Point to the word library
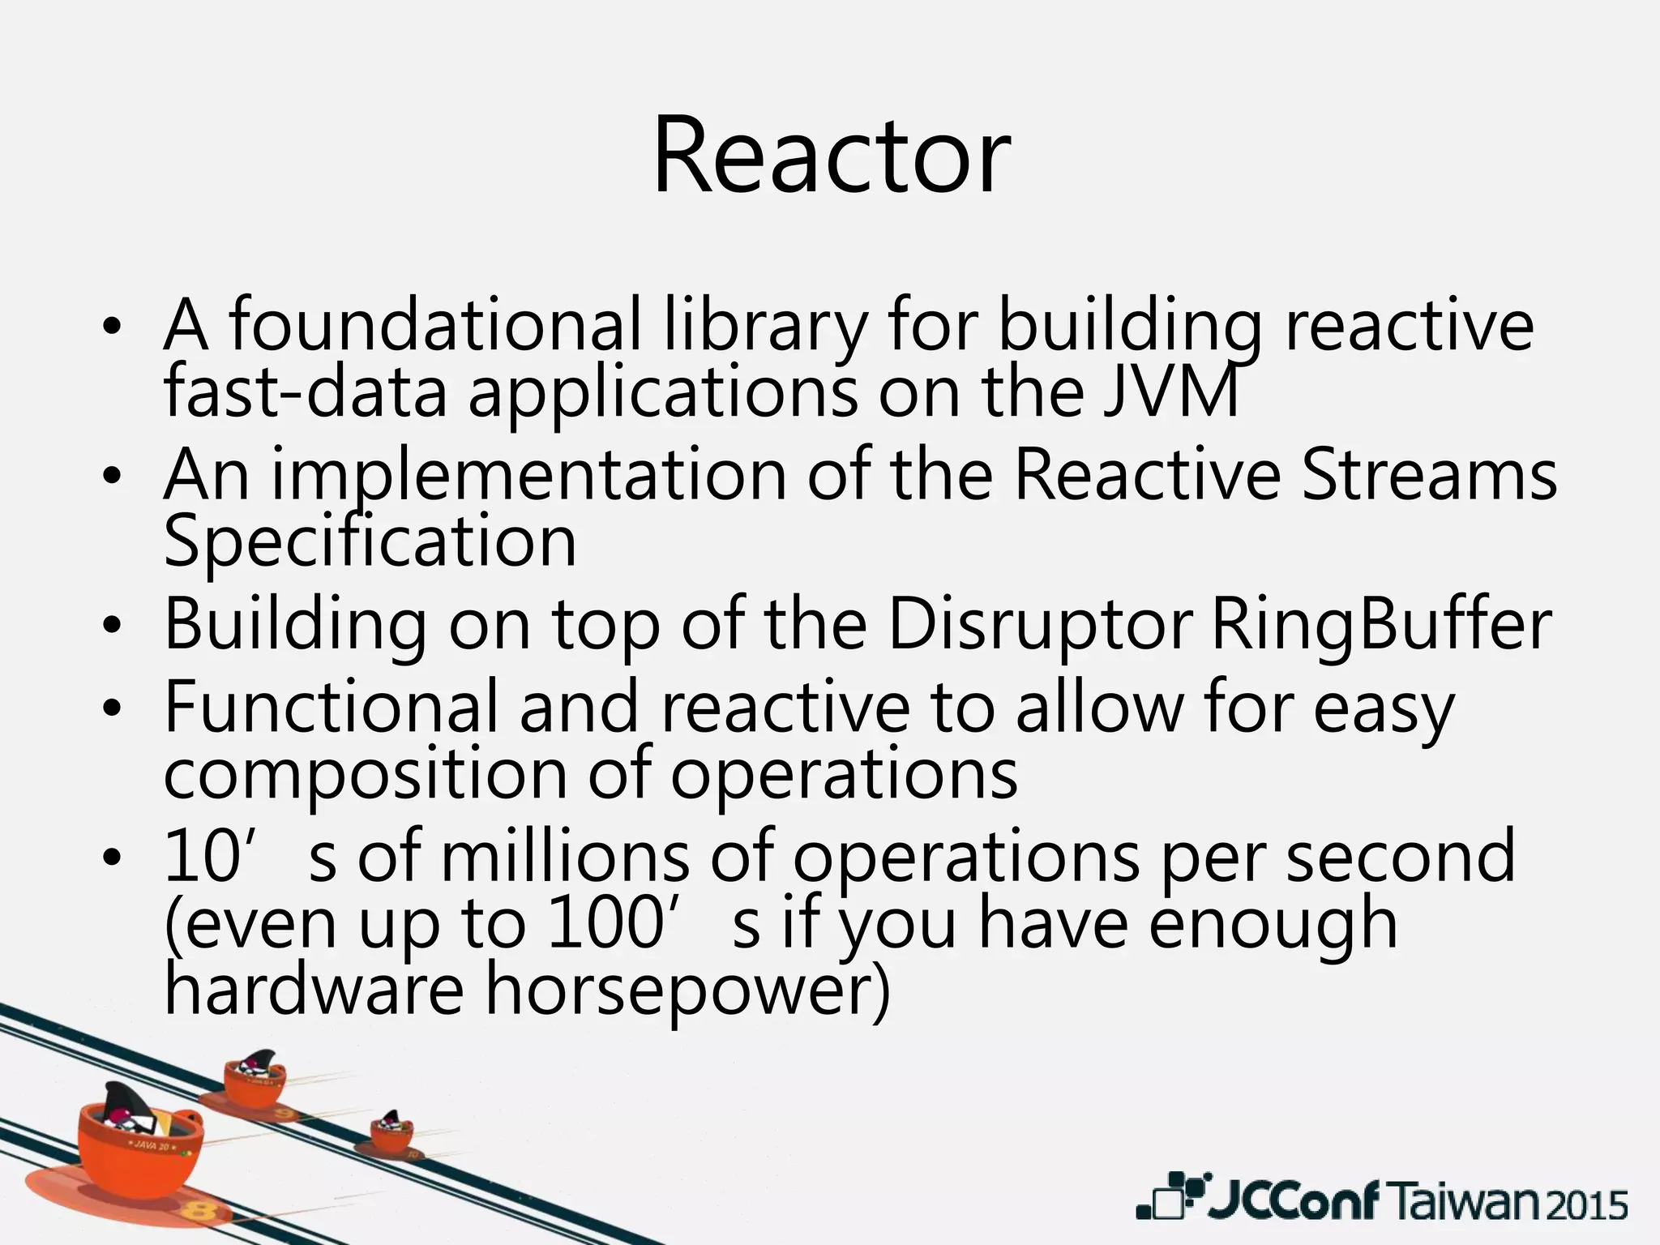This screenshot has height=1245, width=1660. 764,326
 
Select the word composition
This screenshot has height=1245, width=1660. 365,774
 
